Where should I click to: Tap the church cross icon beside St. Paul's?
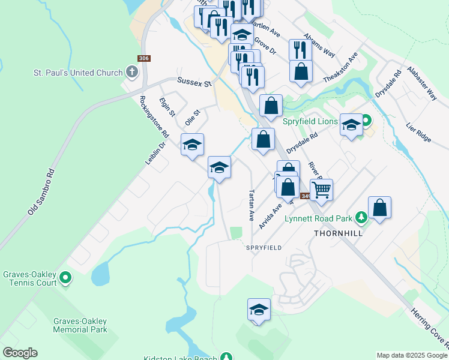pyautogui.click(x=133, y=73)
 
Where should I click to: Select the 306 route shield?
pyautogui.click(x=143, y=58)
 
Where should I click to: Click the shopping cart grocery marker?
pyautogui.click(x=322, y=189)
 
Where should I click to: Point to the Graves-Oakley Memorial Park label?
pyautogui.click(x=80, y=325)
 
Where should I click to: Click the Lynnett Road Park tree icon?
pyautogui.click(x=361, y=217)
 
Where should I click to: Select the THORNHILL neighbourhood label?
pyautogui.click(x=339, y=233)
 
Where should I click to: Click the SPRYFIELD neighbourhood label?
pyautogui.click(x=263, y=247)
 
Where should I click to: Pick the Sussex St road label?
pyautogui.click(x=194, y=82)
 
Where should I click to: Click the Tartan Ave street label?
pyautogui.click(x=252, y=205)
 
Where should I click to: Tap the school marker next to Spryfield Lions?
pyautogui.click(x=351, y=125)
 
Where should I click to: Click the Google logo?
pyautogui.click(x=20, y=353)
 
